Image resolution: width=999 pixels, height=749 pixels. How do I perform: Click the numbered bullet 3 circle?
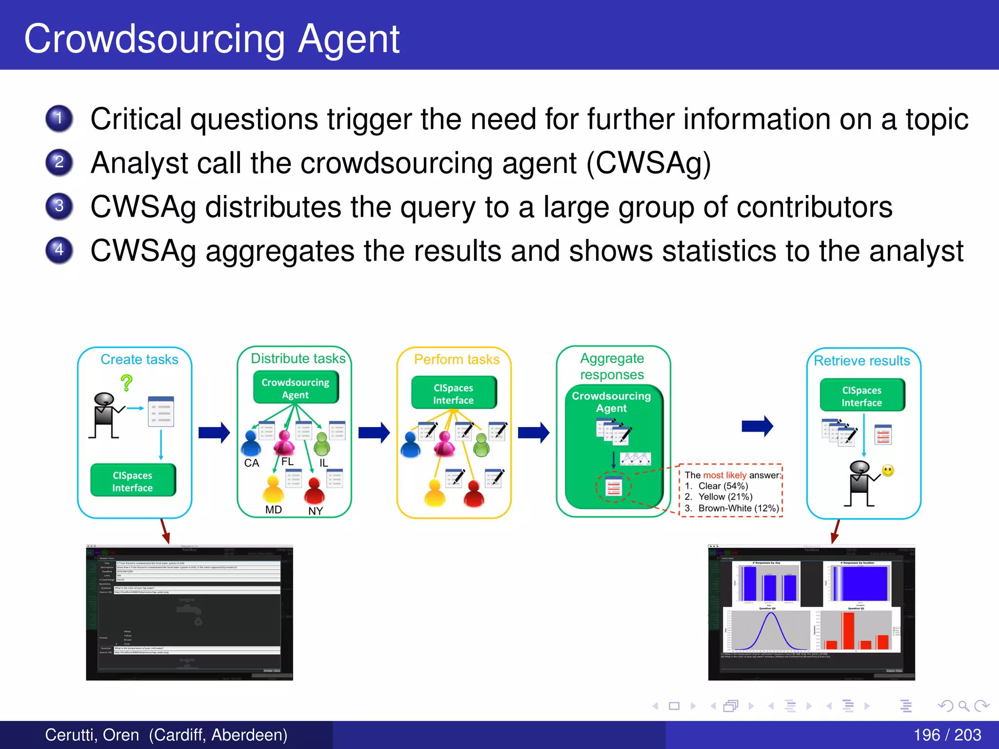click(x=59, y=206)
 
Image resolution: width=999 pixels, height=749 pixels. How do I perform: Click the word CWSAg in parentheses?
click(x=648, y=163)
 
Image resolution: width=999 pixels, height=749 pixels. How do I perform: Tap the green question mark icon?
click(x=127, y=383)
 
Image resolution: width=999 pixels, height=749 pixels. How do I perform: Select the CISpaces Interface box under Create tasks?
click(x=133, y=481)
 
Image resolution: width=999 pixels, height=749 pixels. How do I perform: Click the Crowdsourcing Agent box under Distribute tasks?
click(x=296, y=388)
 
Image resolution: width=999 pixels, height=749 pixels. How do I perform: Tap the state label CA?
click(x=251, y=463)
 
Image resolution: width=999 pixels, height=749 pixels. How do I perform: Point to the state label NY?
click(x=315, y=511)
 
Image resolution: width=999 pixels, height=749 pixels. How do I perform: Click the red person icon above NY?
click(x=315, y=491)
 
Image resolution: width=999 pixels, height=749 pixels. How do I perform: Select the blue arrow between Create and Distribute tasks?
click(x=214, y=432)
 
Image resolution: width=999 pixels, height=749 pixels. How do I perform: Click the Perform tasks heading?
click(x=457, y=359)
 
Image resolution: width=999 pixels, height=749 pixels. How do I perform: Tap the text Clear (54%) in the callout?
click(x=723, y=486)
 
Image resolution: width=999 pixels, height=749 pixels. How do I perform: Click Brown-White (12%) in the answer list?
click(x=738, y=508)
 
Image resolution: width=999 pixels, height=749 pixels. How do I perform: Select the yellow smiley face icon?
click(x=888, y=471)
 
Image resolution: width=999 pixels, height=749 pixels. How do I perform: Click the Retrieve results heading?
click(x=862, y=361)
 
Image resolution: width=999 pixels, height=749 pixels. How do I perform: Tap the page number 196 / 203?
click(x=947, y=735)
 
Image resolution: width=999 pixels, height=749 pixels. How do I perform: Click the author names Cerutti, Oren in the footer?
click(x=92, y=735)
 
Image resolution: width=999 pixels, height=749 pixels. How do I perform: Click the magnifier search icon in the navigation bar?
click(x=963, y=706)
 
